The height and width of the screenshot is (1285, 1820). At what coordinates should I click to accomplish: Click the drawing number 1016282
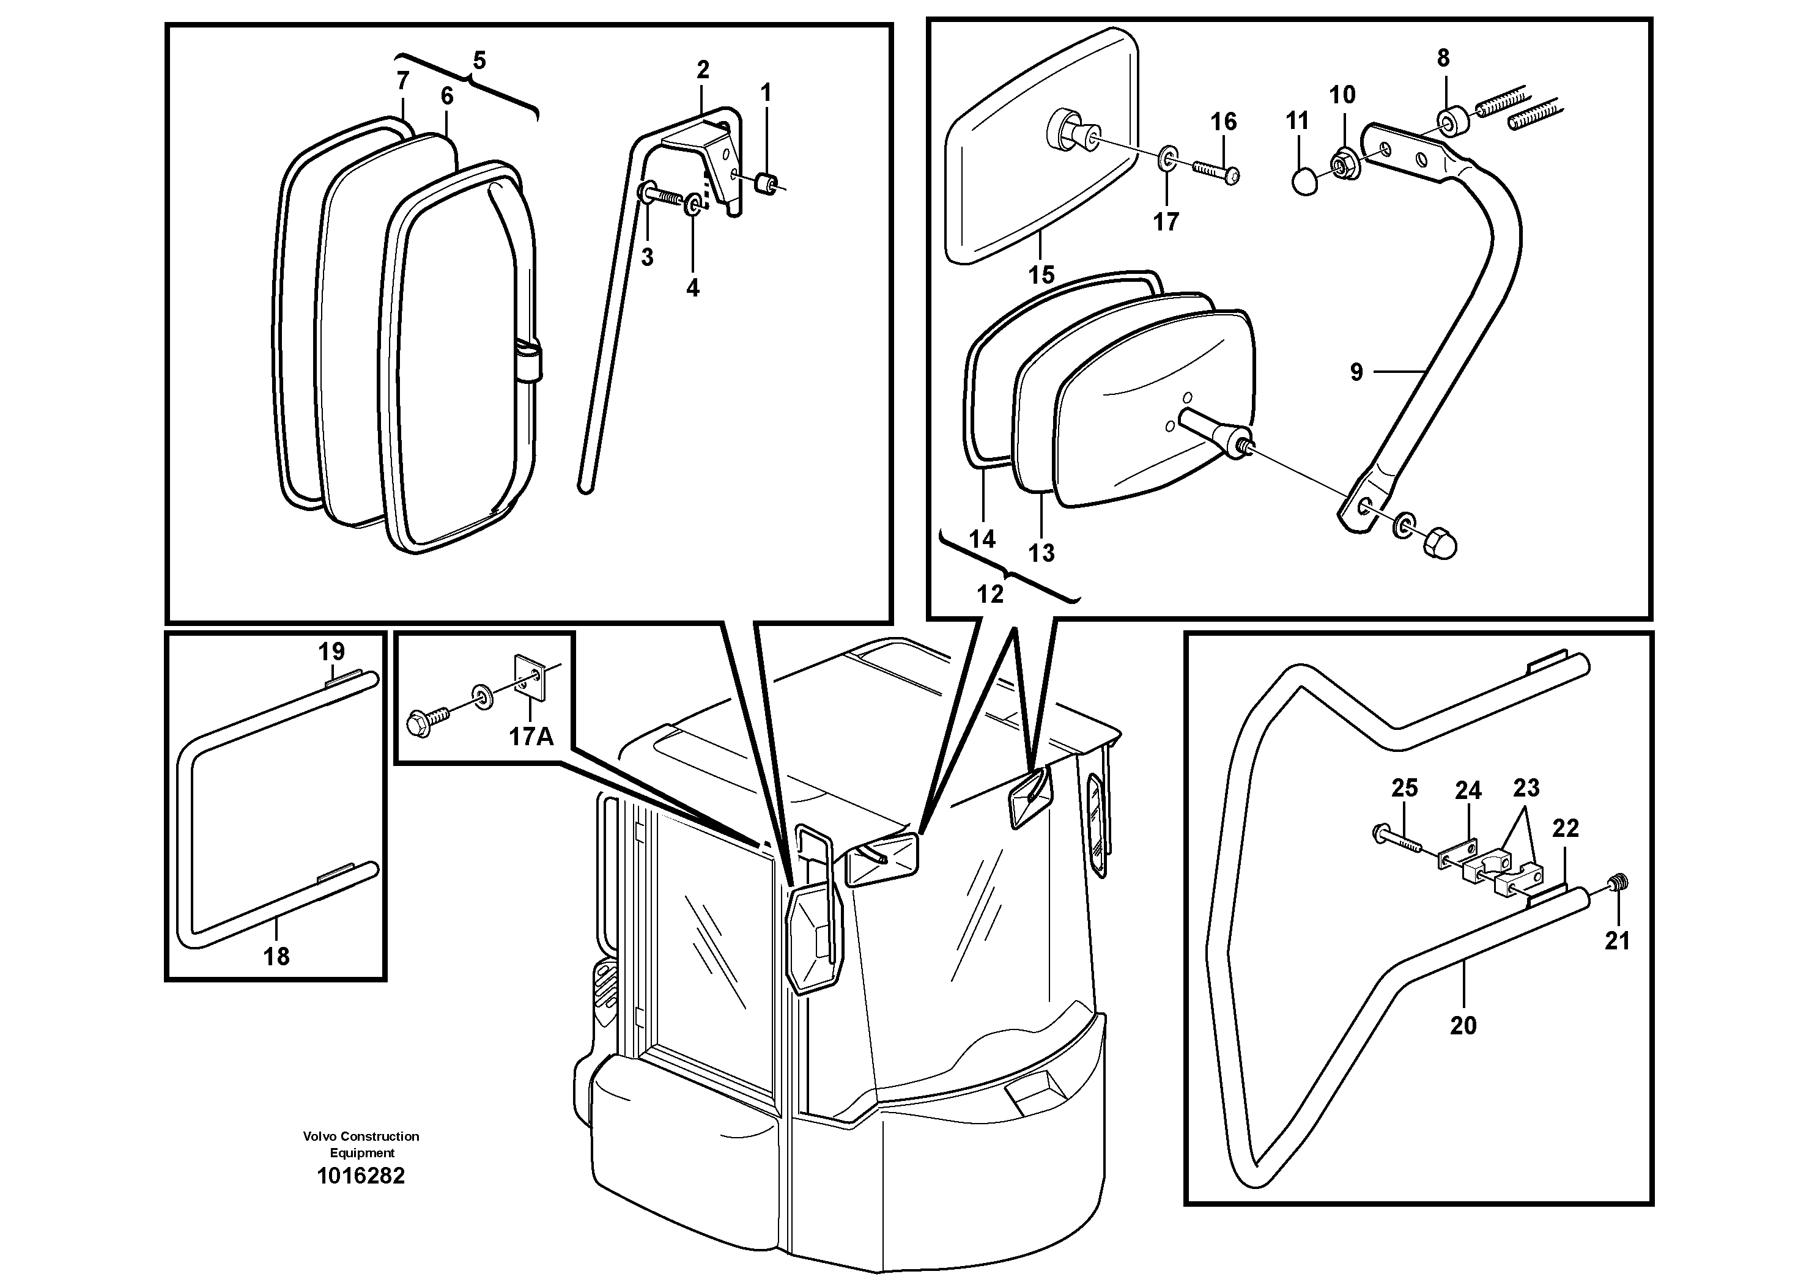tap(361, 1176)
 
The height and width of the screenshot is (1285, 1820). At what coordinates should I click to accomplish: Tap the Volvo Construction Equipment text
tap(361, 1144)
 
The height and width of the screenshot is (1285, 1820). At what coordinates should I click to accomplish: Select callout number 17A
tap(530, 737)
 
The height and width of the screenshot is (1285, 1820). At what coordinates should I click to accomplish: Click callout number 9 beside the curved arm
tap(1356, 372)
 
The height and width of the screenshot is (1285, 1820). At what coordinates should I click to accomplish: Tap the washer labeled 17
tap(1166, 158)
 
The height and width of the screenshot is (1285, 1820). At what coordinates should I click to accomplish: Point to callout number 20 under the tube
tap(1463, 1026)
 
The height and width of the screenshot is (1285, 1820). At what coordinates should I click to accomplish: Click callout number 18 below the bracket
tap(276, 957)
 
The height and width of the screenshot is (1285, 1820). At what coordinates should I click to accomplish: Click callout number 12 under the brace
tap(990, 594)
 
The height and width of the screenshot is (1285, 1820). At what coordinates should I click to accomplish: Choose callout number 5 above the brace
tap(479, 60)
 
